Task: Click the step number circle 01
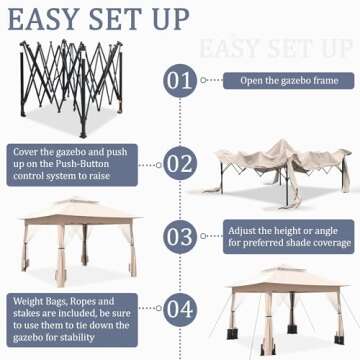[180, 80]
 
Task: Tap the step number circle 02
[180, 163]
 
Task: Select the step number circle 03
[180, 236]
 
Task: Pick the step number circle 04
[180, 309]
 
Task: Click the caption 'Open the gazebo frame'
[289, 81]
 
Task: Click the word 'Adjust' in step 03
[242, 231]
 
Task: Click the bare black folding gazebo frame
[71, 88]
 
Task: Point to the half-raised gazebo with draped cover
[278, 173]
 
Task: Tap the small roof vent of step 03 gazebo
[78, 201]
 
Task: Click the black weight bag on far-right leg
[339, 339]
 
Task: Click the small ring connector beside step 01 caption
[203, 80]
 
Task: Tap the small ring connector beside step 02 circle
[159, 165]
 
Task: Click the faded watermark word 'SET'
[287, 48]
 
